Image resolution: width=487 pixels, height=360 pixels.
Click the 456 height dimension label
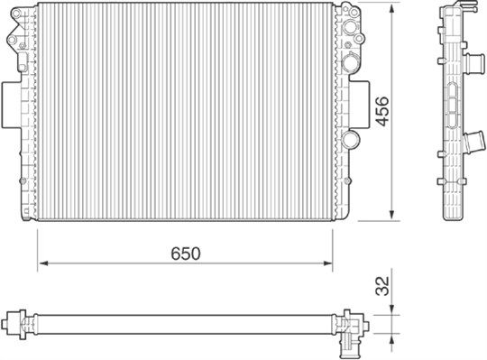(x=381, y=113)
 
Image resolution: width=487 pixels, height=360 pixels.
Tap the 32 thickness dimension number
(x=381, y=288)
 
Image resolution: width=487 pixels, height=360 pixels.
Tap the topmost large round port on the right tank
(x=351, y=33)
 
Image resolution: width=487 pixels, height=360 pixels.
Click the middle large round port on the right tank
(x=351, y=60)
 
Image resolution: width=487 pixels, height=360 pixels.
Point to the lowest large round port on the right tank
(x=353, y=139)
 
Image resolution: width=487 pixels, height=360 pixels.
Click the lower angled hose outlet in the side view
(x=471, y=143)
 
